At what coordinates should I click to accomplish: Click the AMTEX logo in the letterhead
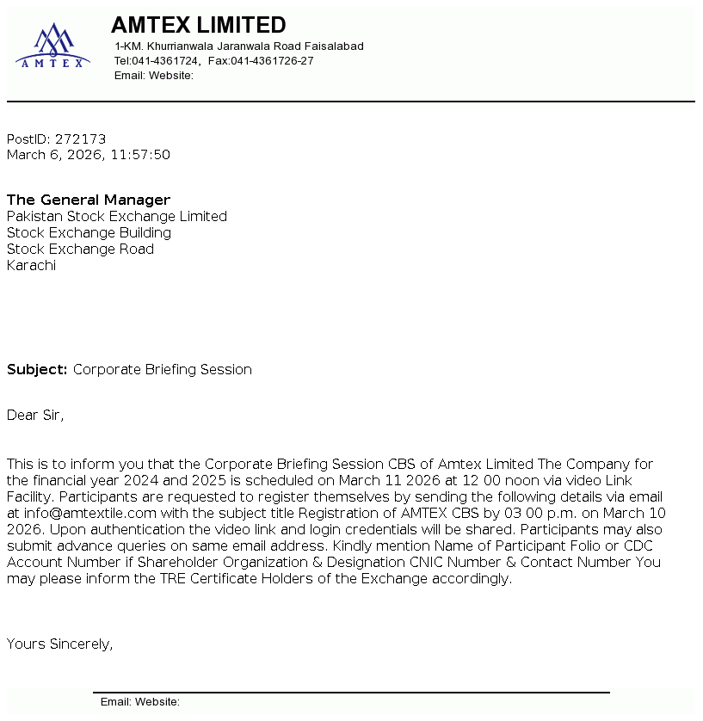pos(52,46)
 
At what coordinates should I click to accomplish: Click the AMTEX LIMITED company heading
pos(198,25)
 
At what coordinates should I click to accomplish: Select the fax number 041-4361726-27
pos(272,61)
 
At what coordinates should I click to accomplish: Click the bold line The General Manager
pos(89,200)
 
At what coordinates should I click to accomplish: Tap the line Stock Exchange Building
pos(89,232)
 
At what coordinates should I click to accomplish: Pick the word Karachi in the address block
pos(31,265)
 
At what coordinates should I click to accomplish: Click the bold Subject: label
pos(37,369)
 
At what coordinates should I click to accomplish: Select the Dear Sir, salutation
pos(35,415)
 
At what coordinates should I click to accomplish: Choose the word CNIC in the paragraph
pos(441,562)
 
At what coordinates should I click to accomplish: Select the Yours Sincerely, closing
pos(59,644)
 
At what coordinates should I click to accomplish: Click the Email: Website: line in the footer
pos(140,702)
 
